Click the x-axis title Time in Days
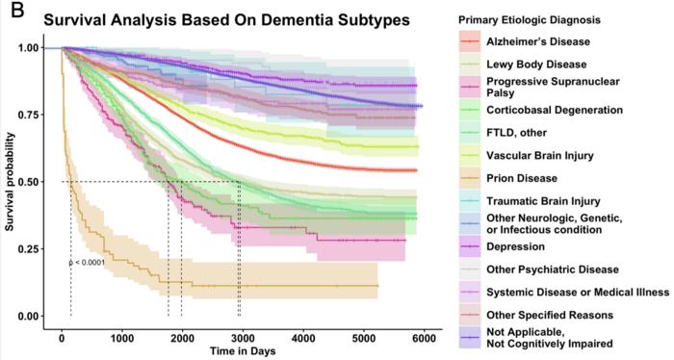(x=244, y=350)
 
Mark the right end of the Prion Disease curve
(x=377, y=286)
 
